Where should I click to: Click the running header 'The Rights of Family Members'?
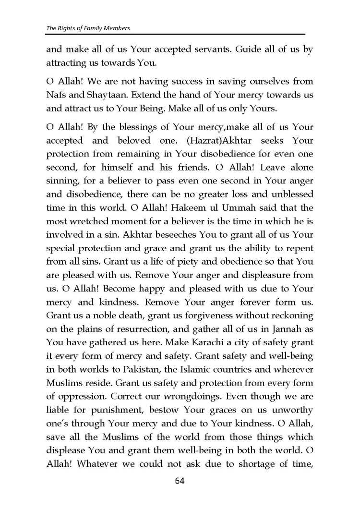[88, 28]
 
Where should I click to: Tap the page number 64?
[180, 481]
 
